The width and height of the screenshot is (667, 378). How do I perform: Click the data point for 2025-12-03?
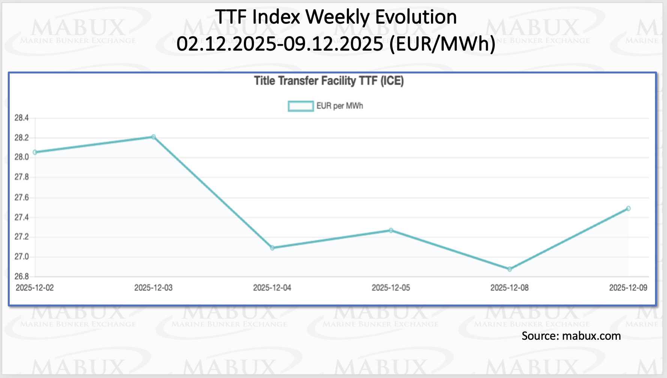pyautogui.click(x=153, y=137)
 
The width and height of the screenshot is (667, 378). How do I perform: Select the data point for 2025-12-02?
pyautogui.click(x=35, y=152)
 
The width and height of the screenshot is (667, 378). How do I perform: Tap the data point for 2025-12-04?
pyautogui.click(x=272, y=248)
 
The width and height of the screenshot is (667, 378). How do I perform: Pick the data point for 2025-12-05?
pyautogui.click(x=391, y=230)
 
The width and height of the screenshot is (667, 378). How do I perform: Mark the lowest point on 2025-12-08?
pyautogui.click(x=510, y=269)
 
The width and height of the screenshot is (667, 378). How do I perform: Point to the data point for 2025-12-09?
pyautogui.click(x=628, y=208)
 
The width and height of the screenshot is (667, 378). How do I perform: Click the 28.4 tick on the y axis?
pyautogui.click(x=21, y=118)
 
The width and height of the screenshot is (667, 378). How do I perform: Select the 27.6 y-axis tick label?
pyautogui.click(x=21, y=198)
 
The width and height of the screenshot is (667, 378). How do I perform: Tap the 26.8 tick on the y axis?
pyautogui.click(x=21, y=277)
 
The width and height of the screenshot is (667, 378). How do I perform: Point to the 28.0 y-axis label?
pyautogui.click(x=21, y=157)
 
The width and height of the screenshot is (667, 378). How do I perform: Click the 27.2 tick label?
pyautogui.click(x=21, y=237)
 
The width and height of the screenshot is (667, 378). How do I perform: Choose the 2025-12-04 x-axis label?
pyautogui.click(x=272, y=288)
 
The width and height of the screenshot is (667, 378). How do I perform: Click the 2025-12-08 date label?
pyautogui.click(x=509, y=288)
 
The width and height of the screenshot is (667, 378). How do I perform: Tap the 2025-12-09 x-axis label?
pyautogui.click(x=628, y=288)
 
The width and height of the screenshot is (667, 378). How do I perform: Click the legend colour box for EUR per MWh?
pyautogui.click(x=300, y=106)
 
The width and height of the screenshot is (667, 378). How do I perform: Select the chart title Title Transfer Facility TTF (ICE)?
pyautogui.click(x=329, y=81)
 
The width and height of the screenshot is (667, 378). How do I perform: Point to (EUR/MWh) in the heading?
pyautogui.click(x=443, y=44)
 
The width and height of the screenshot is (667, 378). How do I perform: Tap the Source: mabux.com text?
pyautogui.click(x=571, y=336)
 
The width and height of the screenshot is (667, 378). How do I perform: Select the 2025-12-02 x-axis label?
pyautogui.click(x=35, y=288)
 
